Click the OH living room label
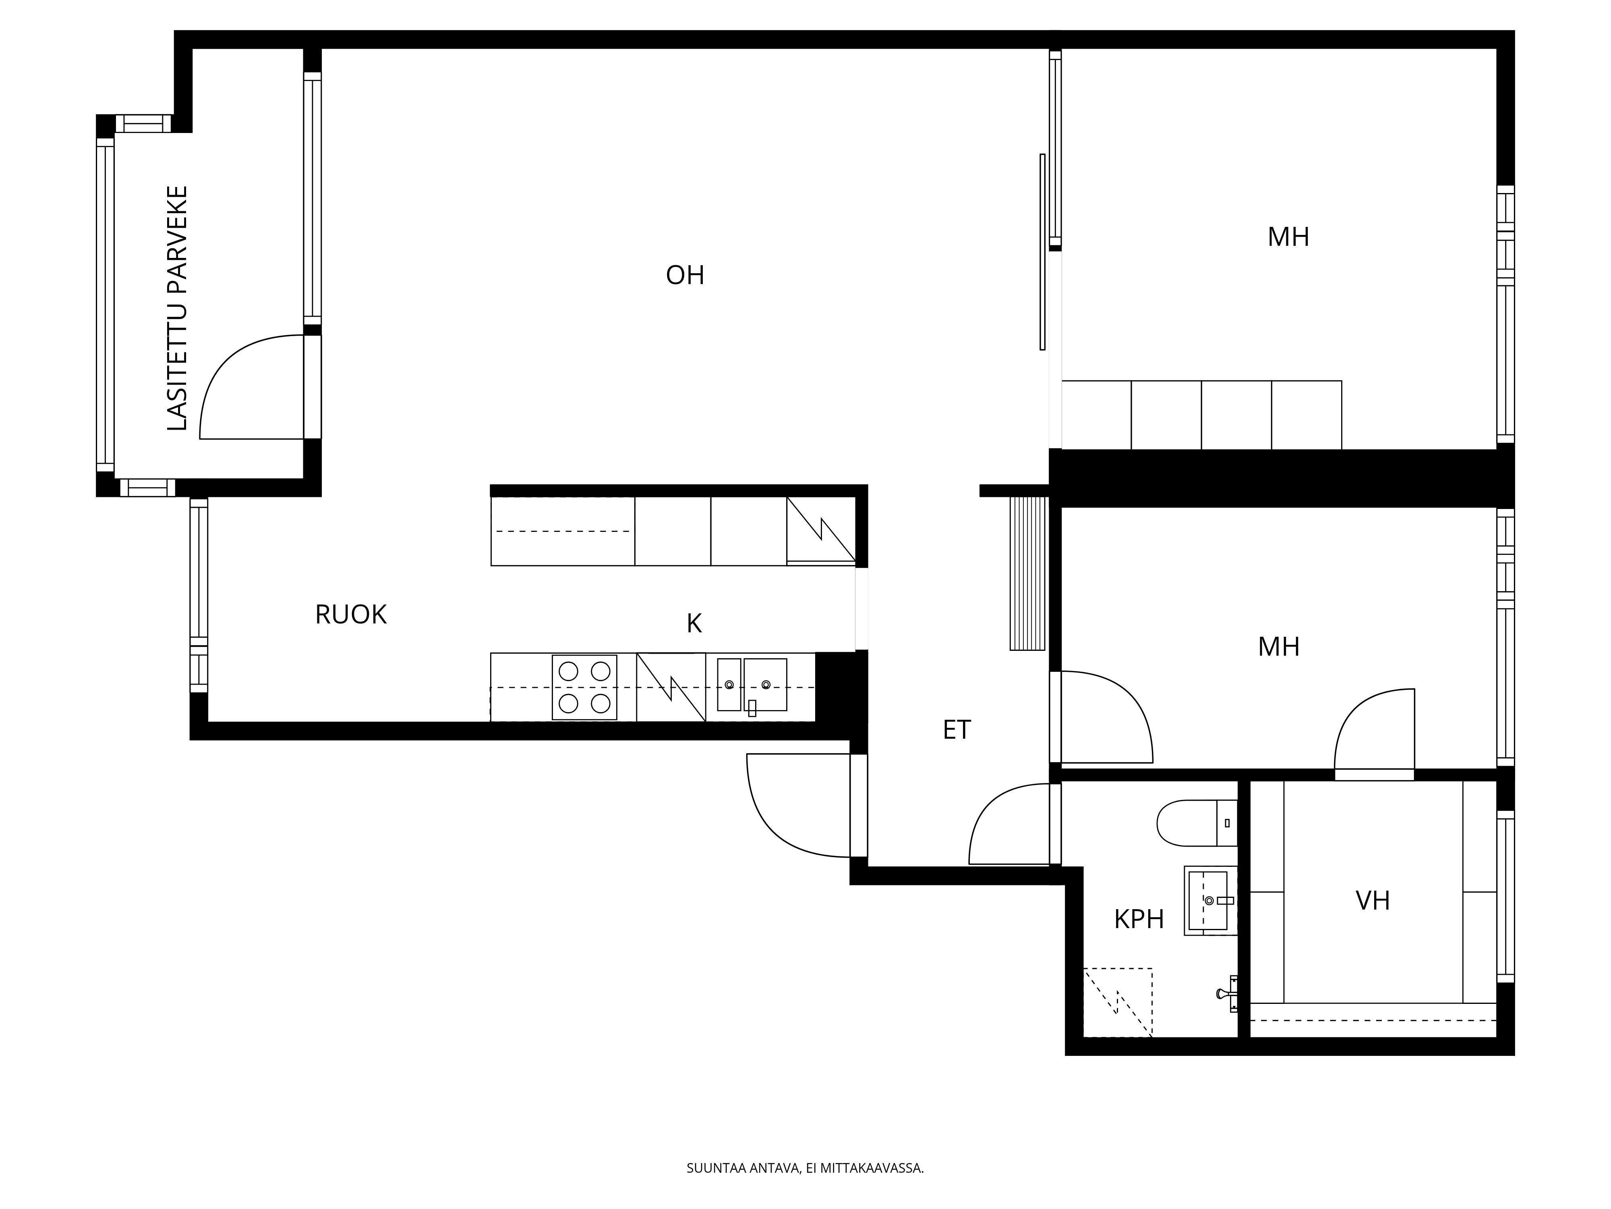pyautogui.click(x=685, y=276)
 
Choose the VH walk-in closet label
pyautogui.click(x=1373, y=901)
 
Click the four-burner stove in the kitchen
pyautogui.click(x=584, y=687)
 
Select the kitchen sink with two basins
pyautogui.click(x=752, y=685)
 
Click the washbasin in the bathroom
pyautogui.click(x=1210, y=901)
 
